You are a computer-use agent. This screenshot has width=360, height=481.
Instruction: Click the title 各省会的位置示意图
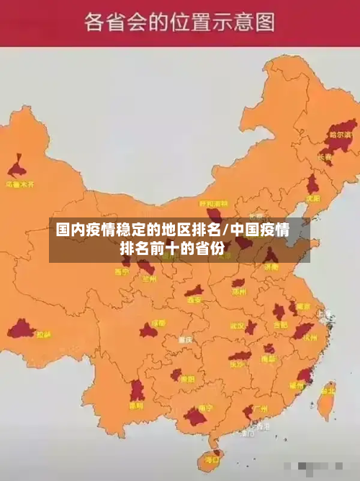(179, 22)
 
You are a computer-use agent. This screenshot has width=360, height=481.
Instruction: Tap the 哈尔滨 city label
(340, 135)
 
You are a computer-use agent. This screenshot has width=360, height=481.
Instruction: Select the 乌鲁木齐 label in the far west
(19, 184)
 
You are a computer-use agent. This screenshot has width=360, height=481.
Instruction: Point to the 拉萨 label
(44, 334)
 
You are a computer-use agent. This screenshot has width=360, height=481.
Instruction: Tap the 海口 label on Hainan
(212, 458)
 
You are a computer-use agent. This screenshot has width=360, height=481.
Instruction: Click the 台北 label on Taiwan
(328, 391)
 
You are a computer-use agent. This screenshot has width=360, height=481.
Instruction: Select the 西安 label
(194, 300)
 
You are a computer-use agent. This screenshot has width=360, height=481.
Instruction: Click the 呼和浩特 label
(212, 204)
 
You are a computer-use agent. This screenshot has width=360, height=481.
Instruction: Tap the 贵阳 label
(187, 379)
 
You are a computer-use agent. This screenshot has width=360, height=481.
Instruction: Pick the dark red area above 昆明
(137, 390)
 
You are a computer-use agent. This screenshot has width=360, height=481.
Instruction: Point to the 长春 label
(325, 157)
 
